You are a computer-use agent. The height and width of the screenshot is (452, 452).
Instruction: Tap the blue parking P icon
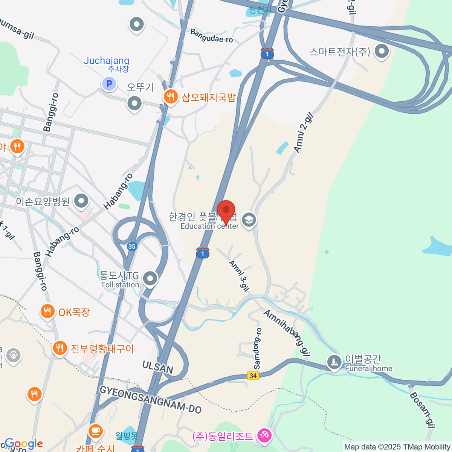tap(109, 84)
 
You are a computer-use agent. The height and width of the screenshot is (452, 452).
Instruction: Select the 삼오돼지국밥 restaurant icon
tap(171, 97)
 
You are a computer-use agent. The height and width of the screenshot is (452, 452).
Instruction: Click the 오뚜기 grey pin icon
tap(134, 103)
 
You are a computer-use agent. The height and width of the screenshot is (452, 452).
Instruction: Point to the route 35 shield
tap(131, 247)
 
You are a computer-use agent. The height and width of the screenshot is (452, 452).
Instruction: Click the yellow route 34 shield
tap(253, 376)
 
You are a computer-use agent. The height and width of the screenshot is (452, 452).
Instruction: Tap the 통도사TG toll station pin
tap(150, 279)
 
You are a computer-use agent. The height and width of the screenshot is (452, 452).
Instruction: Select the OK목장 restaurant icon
tap(47, 312)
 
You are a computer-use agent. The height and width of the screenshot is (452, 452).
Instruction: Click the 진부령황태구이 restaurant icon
tap(60, 348)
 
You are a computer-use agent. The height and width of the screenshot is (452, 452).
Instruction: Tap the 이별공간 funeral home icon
tap(334, 362)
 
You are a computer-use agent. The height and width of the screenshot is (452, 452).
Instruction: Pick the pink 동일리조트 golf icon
tap(264, 436)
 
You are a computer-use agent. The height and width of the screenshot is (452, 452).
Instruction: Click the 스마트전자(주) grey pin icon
tap(382, 52)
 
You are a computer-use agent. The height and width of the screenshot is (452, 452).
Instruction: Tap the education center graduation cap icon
tap(249, 220)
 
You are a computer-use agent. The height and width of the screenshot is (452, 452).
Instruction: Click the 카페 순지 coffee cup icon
tap(95, 431)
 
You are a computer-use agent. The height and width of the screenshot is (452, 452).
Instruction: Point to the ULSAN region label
tap(158, 366)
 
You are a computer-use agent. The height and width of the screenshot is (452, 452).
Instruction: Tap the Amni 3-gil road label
tap(239, 276)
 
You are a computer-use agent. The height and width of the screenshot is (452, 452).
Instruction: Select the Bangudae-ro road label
tap(212, 36)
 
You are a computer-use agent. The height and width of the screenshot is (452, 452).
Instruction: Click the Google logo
tap(23, 444)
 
